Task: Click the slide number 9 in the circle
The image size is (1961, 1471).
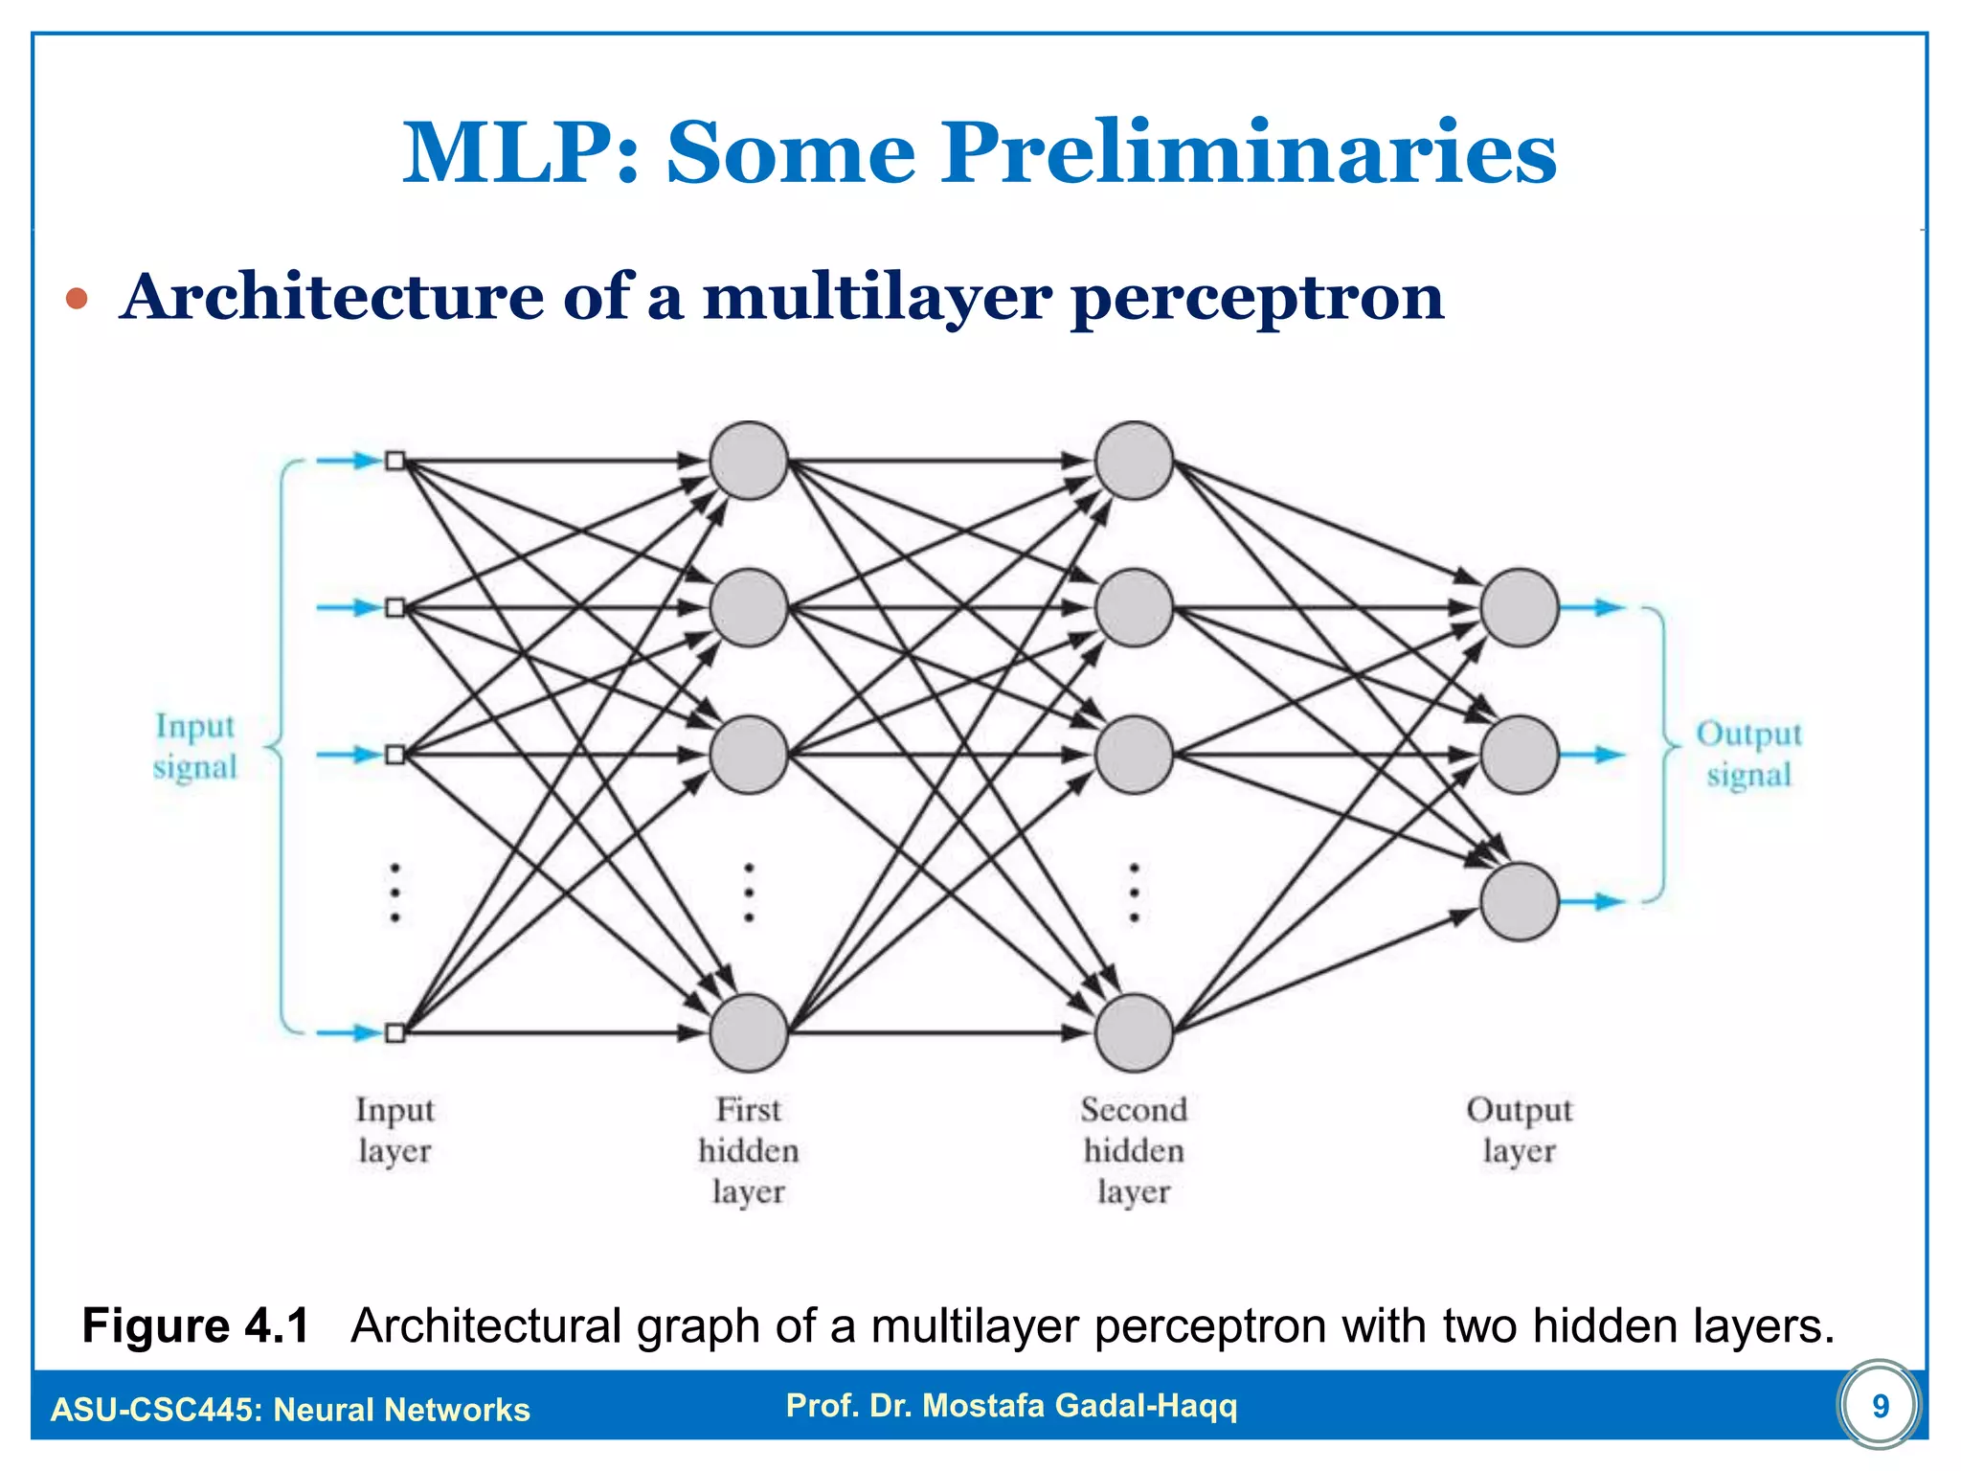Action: click(1880, 1406)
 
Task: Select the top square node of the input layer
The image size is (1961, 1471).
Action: click(394, 462)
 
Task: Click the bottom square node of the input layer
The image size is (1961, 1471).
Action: click(394, 1032)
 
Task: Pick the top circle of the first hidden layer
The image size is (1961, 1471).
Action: click(749, 461)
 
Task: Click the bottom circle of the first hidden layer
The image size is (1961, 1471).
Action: click(749, 1032)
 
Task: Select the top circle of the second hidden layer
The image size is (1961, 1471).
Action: click(1134, 461)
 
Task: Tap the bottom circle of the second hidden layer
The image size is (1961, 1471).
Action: click(1134, 1032)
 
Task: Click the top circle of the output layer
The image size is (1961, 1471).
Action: click(1520, 607)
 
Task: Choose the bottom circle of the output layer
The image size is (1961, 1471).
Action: click(1520, 901)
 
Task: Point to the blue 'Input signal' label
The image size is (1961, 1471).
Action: click(195, 747)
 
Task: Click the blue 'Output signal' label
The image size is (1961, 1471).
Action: click(1748, 754)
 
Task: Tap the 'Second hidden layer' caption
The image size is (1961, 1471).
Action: click(1134, 1150)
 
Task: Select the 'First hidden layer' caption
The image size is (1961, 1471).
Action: click(749, 1150)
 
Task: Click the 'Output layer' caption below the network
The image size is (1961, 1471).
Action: click(1519, 1130)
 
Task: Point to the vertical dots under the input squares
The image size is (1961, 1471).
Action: click(394, 893)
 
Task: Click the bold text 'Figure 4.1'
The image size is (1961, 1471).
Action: click(195, 1326)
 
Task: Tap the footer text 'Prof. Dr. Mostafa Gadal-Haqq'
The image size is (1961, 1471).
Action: click(1011, 1406)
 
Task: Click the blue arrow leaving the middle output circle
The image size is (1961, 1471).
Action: click(1593, 755)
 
